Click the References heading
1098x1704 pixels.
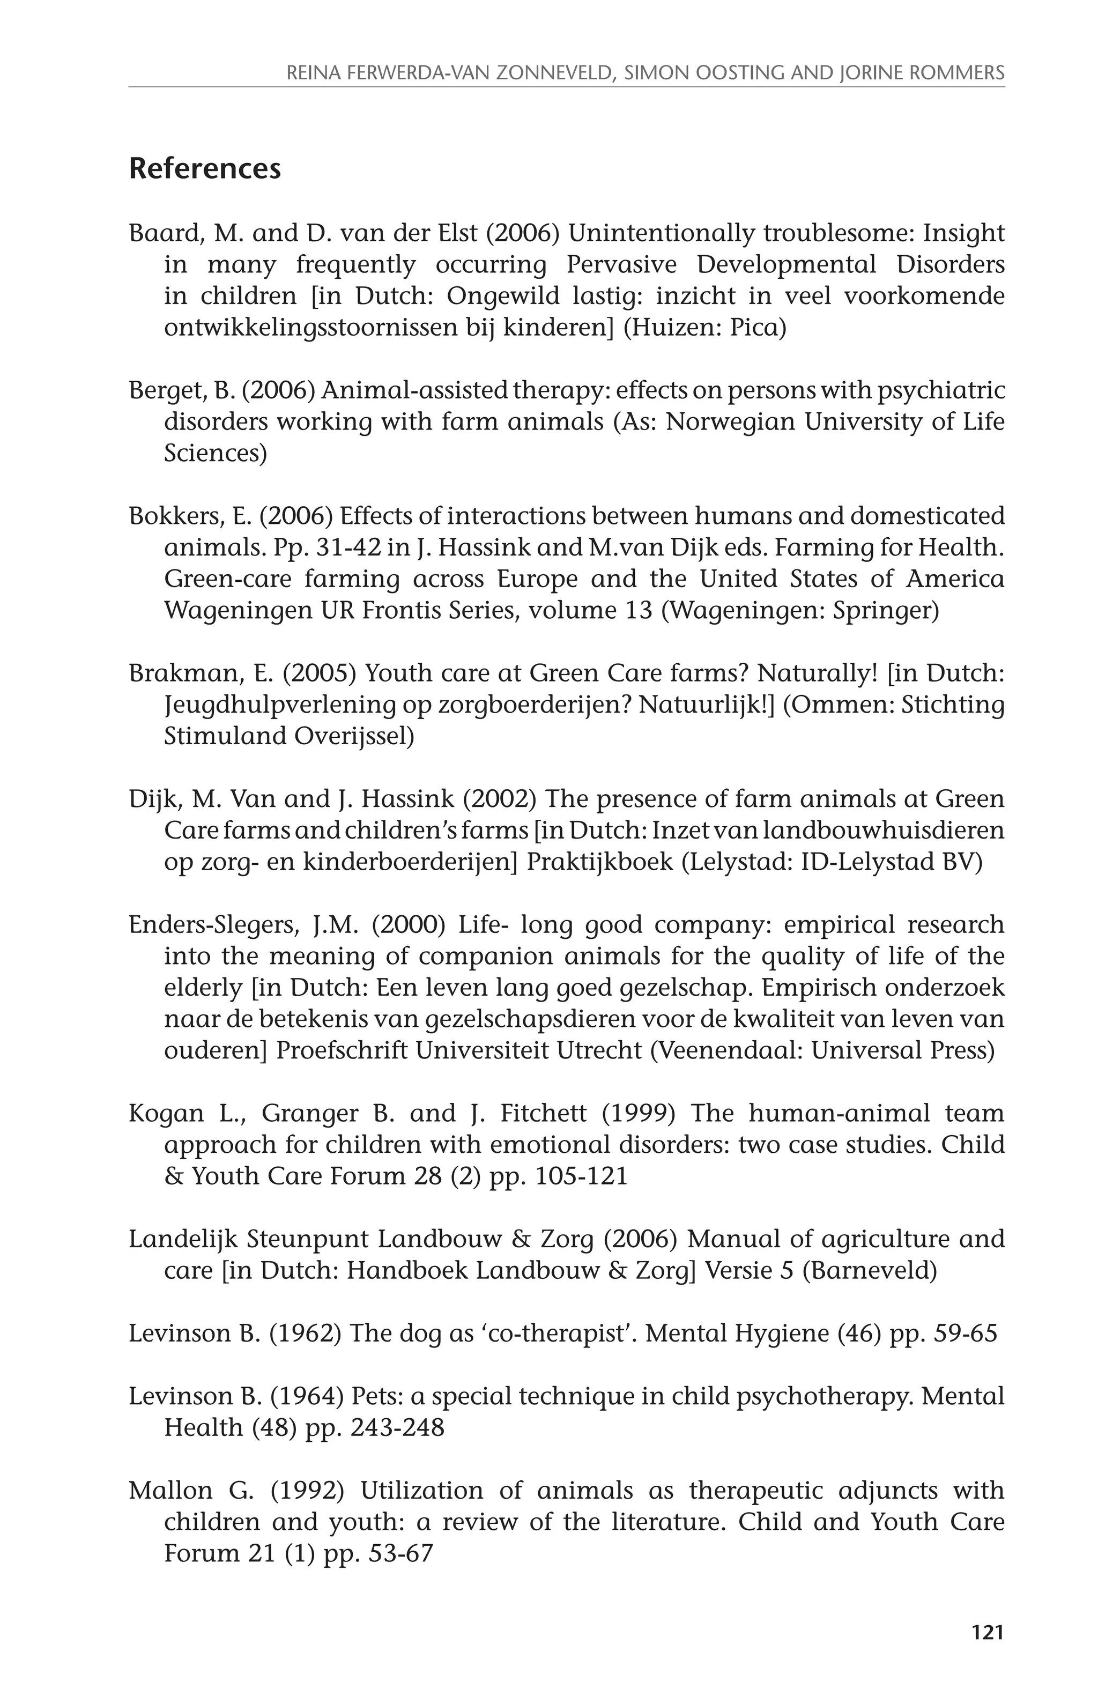(205, 169)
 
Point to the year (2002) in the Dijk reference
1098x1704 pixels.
(499, 799)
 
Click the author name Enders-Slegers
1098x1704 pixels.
(214, 925)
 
